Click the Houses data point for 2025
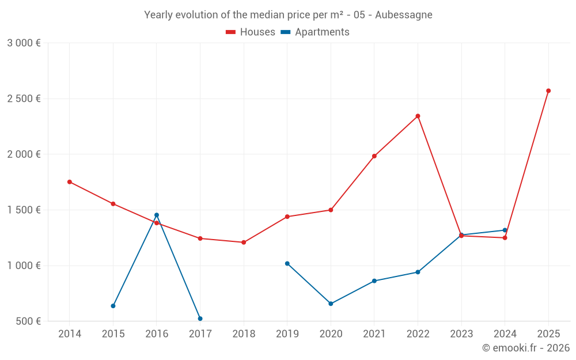tap(548, 90)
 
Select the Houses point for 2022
tap(418, 116)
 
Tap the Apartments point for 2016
tap(157, 215)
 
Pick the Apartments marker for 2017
tap(200, 319)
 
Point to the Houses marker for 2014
tap(70, 182)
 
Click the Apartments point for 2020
tap(331, 304)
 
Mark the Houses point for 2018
tap(244, 242)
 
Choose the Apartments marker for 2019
tap(287, 263)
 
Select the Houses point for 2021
tap(374, 156)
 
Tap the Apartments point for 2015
tap(113, 306)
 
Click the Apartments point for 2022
tap(418, 272)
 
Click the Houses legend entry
tap(251, 32)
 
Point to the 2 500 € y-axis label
tap(24, 98)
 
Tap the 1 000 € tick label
tap(24, 266)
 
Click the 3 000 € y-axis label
tap(24, 43)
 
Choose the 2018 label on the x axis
tap(244, 334)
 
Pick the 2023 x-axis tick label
tap(461, 334)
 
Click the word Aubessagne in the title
tap(403, 15)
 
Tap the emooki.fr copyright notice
tap(526, 348)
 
